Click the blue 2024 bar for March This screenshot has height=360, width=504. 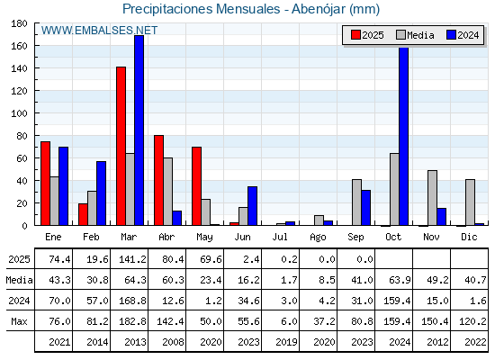point(139,130)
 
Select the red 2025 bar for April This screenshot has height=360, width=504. point(158,180)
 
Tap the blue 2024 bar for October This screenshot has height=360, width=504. point(404,136)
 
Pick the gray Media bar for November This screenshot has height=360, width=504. point(432,198)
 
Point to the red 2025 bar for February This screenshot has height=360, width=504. point(83,214)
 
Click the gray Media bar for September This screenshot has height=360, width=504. point(356,202)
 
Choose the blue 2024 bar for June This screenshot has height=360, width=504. point(252,206)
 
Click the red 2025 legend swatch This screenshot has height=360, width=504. point(355,35)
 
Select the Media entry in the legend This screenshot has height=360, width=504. point(415,35)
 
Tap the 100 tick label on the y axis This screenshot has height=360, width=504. point(19,113)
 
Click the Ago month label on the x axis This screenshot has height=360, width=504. point(318,238)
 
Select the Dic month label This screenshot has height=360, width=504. point(469,237)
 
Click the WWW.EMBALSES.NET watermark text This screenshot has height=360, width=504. point(99,31)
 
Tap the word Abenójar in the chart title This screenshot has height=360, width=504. point(319,9)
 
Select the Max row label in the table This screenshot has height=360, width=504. point(19,321)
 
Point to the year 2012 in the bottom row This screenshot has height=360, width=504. point(437,342)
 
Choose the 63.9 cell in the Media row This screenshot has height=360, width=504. point(400,280)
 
